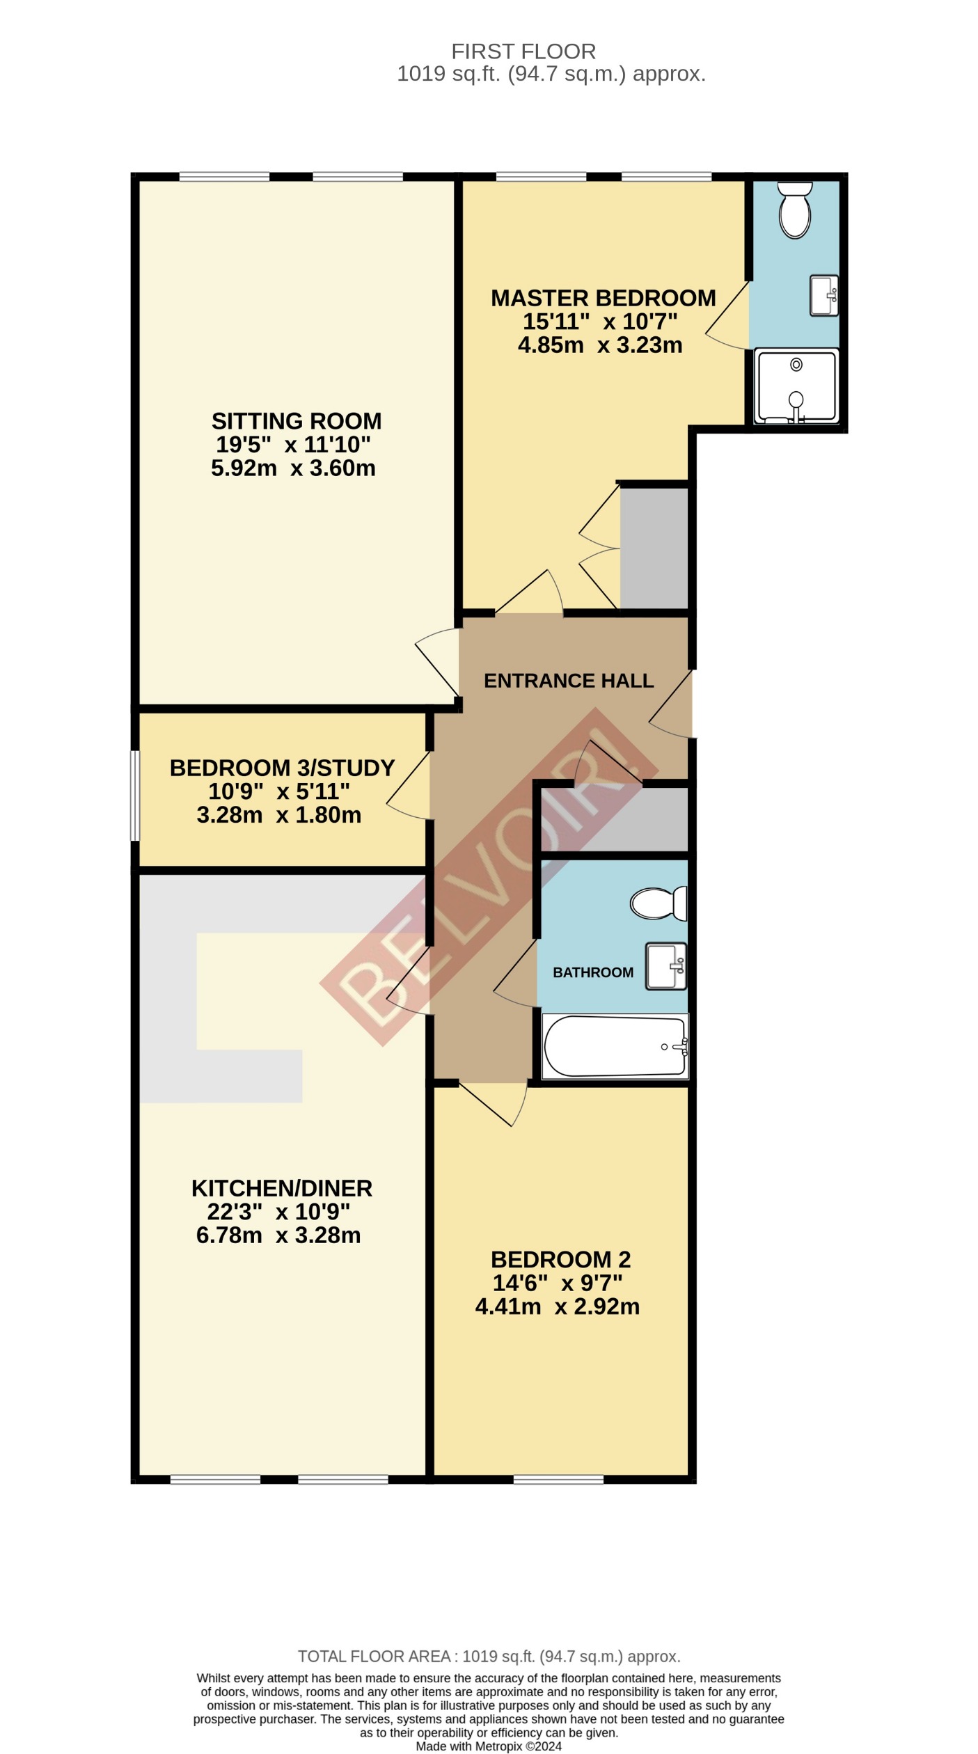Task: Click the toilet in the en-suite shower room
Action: click(795, 210)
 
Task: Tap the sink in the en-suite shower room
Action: click(823, 296)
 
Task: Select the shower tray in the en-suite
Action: click(796, 387)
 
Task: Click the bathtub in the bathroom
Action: click(615, 1046)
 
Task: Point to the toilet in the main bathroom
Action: click(657, 903)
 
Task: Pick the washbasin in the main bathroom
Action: click(665, 965)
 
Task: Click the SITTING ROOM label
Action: click(297, 421)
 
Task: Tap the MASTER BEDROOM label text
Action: click(603, 299)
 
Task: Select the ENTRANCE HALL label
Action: click(569, 681)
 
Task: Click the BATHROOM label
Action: click(593, 972)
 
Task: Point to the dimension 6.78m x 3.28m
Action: click(278, 1235)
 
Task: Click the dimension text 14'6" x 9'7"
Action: click(557, 1282)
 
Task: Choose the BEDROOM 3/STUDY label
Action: click(282, 768)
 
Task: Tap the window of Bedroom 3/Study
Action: click(136, 795)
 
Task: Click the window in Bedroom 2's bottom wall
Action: click(558, 1479)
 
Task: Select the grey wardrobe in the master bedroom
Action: click(654, 548)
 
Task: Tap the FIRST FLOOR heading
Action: click(523, 52)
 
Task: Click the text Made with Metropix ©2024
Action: click(489, 1746)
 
